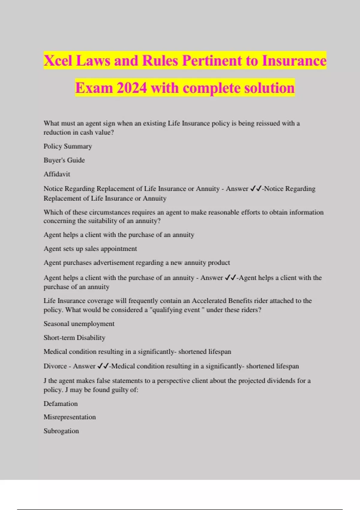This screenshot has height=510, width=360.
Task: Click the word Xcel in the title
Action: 58,60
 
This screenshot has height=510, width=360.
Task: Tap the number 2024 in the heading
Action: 132,88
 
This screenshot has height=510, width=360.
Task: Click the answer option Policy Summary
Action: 68,146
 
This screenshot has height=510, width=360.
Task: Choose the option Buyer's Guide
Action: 64,160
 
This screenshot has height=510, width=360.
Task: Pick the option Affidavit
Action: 57,174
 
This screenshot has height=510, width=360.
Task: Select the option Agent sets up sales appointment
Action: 90,249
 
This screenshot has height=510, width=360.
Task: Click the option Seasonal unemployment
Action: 79,324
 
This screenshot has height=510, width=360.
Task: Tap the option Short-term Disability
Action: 74,338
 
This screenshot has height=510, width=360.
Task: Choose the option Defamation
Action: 61,404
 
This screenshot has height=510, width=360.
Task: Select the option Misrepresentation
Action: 70,417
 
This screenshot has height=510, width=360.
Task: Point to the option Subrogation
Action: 61,431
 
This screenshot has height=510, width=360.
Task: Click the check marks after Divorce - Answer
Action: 103,366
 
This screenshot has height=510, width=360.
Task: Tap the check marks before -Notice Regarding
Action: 256,189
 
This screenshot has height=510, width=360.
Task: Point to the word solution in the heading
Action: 269,88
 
